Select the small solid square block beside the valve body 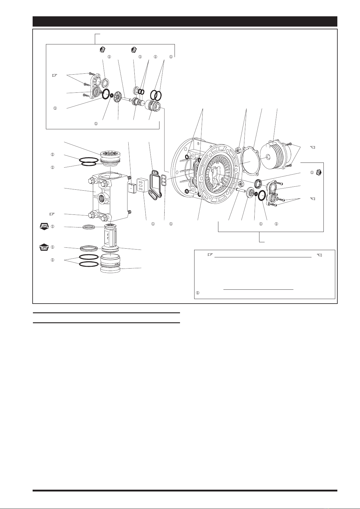(132, 188)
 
